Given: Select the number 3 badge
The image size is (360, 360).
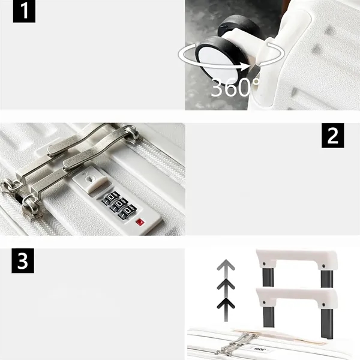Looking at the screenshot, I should coord(22,262).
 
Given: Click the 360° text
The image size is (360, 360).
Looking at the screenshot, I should coord(233,88).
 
